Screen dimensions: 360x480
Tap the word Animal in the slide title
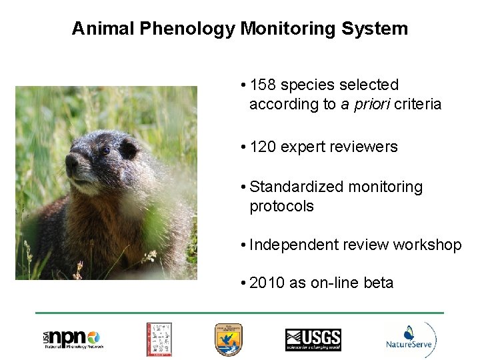[97, 29]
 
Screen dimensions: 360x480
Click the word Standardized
[297, 187]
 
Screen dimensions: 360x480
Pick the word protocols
[281, 207]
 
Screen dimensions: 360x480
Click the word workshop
[427, 245]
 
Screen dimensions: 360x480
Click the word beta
[379, 283]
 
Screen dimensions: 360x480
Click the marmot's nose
[71, 162]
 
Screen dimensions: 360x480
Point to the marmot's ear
[128, 149]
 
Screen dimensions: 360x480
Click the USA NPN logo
[73, 339]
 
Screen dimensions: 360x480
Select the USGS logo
[313, 339]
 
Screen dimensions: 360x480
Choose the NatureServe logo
[410, 340]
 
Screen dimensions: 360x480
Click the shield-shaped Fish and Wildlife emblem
[228, 339]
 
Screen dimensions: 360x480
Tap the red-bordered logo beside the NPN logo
[159, 339]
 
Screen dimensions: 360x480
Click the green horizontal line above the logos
[239, 313]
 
